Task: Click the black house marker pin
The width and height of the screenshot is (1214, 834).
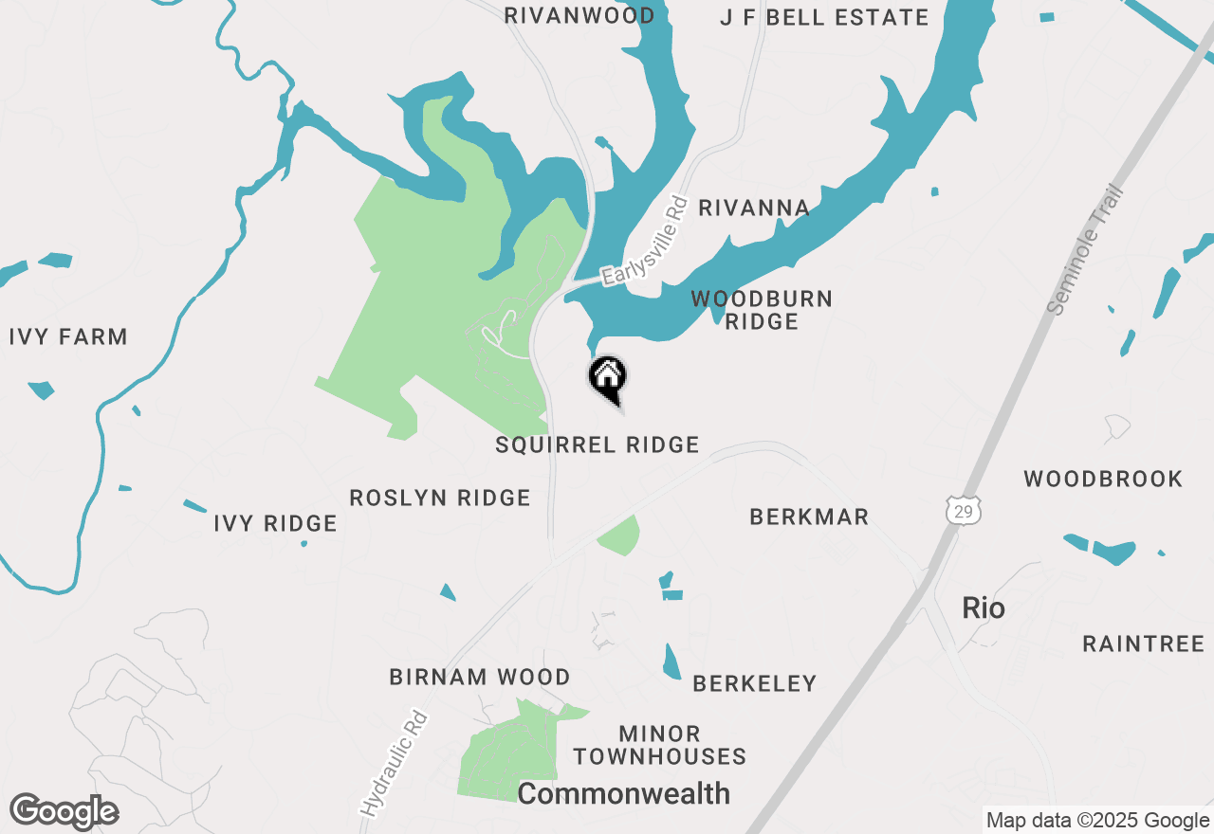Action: pyautogui.click(x=608, y=376)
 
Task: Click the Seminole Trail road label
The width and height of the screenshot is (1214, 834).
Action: pyautogui.click(x=1086, y=249)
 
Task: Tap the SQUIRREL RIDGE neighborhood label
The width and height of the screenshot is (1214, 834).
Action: pyautogui.click(x=598, y=444)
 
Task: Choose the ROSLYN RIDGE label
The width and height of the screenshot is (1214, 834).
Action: pyautogui.click(x=440, y=498)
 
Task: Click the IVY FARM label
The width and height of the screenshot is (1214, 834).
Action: pyautogui.click(x=68, y=337)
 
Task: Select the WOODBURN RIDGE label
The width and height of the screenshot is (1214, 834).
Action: pyautogui.click(x=762, y=310)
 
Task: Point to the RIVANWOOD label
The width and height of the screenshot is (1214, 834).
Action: pyautogui.click(x=579, y=16)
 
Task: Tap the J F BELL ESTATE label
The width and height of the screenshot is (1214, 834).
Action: pyautogui.click(x=824, y=17)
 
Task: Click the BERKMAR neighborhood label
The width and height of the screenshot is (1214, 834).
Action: pyautogui.click(x=809, y=517)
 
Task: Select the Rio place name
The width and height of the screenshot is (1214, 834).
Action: pyautogui.click(x=983, y=607)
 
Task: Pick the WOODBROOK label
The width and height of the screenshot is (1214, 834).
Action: pyautogui.click(x=1103, y=479)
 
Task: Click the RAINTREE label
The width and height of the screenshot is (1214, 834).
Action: pyautogui.click(x=1143, y=644)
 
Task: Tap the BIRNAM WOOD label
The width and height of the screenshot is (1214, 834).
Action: pyautogui.click(x=480, y=677)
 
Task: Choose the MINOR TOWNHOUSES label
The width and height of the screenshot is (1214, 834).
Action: pyautogui.click(x=659, y=745)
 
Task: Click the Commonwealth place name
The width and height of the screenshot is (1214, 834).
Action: pyautogui.click(x=623, y=793)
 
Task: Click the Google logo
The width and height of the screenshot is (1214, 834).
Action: pyautogui.click(x=64, y=811)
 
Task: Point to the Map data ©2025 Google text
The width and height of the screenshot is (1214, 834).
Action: pyautogui.click(x=1097, y=821)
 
